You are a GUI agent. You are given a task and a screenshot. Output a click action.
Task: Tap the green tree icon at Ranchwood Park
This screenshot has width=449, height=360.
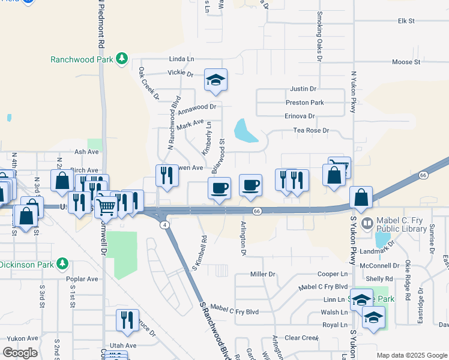pos(122,58)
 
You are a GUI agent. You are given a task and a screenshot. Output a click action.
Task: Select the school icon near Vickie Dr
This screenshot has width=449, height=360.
pos(215,79)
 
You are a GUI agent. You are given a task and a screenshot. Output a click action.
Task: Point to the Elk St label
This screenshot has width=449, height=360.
pos(406,21)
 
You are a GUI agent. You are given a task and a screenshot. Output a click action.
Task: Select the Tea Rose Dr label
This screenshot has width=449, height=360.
pos(311,130)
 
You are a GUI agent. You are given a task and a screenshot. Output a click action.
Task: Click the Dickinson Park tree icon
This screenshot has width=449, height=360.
pos(62,264)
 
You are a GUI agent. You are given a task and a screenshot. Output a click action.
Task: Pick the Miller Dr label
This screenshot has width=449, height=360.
pos(262,274)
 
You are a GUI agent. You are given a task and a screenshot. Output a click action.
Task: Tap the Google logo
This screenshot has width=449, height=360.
pos(20,352)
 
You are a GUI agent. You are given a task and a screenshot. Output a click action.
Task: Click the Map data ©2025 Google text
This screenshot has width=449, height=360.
pos(412,355)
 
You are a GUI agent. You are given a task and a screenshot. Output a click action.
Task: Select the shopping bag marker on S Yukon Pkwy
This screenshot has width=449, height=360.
pos(361,196)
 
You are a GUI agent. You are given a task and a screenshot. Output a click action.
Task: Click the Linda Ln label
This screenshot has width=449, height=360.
pos(182,59)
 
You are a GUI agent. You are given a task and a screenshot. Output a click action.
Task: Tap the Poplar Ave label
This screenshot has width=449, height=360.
pos(83,279)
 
